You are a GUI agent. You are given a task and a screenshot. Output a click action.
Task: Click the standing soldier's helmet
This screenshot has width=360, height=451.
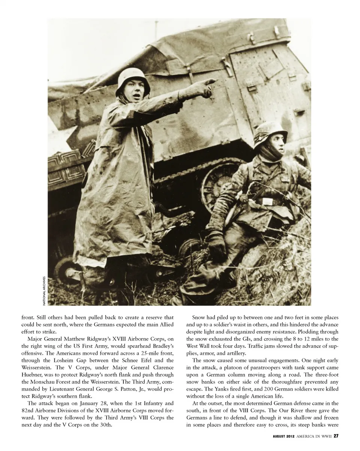(x=132, y=78)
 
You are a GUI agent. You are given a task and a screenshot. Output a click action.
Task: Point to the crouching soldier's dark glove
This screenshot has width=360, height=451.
(x=217, y=244)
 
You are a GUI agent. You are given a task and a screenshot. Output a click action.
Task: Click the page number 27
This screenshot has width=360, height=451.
(x=336, y=436)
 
